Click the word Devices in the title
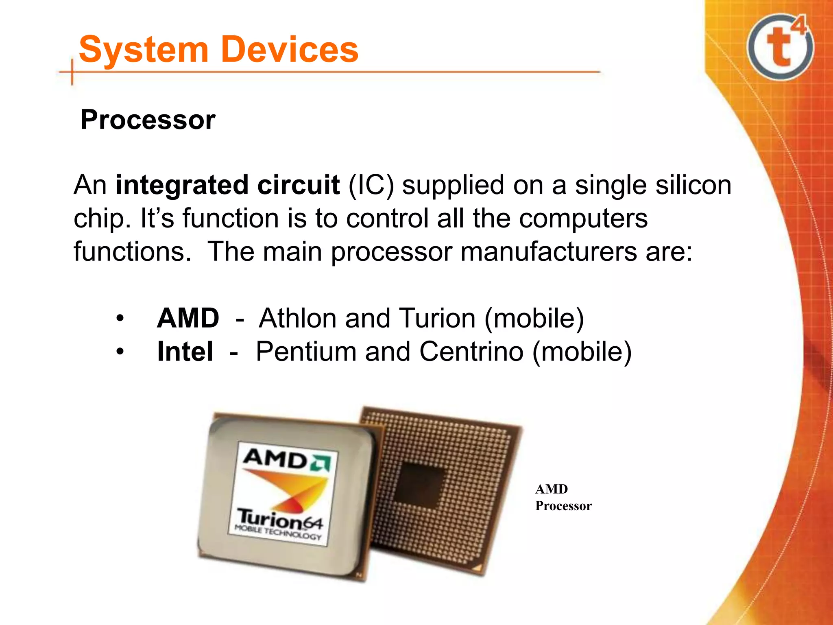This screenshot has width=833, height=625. [x=290, y=50]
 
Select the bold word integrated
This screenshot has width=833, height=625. [x=181, y=185]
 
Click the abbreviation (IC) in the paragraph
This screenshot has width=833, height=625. [x=371, y=185]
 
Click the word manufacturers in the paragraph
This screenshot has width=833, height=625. [x=549, y=251]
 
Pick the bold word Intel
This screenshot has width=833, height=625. [x=185, y=352]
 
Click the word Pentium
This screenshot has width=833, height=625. [x=306, y=352]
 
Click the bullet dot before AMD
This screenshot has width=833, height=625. [x=119, y=318]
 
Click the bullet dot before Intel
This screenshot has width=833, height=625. [x=119, y=352]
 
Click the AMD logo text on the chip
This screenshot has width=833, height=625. [x=277, y=459]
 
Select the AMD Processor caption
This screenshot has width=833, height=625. [x=563, y=497]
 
